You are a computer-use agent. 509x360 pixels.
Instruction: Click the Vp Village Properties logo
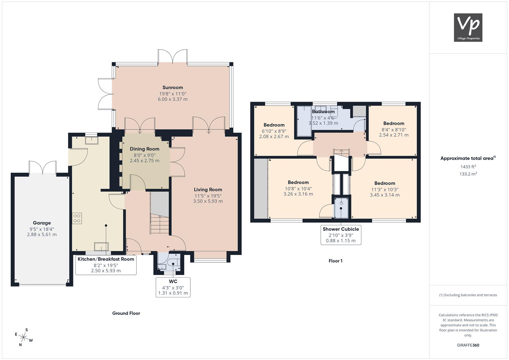click(468, 27)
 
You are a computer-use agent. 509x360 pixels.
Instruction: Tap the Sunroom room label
click(173, 87)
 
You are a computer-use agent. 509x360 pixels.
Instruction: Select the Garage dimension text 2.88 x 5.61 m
click(42, 235)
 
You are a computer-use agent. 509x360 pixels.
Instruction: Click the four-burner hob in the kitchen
click(77, 218)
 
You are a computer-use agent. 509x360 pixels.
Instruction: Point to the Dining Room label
click(145, 149)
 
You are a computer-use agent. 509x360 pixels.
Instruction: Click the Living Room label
click(208, 190)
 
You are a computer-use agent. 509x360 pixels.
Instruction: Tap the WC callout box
click(173, 287)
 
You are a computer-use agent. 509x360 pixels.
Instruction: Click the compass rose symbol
click(24, 337)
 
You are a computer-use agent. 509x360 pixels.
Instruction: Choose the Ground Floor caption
click(126, 313)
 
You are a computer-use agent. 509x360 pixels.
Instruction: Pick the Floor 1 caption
click(335, 261)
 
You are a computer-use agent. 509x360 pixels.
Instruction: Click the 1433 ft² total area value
click(468, 167)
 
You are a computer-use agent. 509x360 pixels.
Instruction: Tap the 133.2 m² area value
click(468, 174)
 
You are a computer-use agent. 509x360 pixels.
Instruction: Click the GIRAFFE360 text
click(468, 345)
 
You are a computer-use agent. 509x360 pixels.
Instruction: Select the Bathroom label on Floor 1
click(323, 112)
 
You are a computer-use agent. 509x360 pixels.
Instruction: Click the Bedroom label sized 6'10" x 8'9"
click(274, 125)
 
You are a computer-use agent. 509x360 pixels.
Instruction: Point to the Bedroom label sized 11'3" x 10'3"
click(385, 183)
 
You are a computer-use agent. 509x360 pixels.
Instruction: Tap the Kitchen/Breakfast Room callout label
click(106, 259)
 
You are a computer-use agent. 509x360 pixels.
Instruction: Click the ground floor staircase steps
click(160, 225)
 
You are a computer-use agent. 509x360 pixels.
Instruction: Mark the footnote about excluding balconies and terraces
click(468, 295)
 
